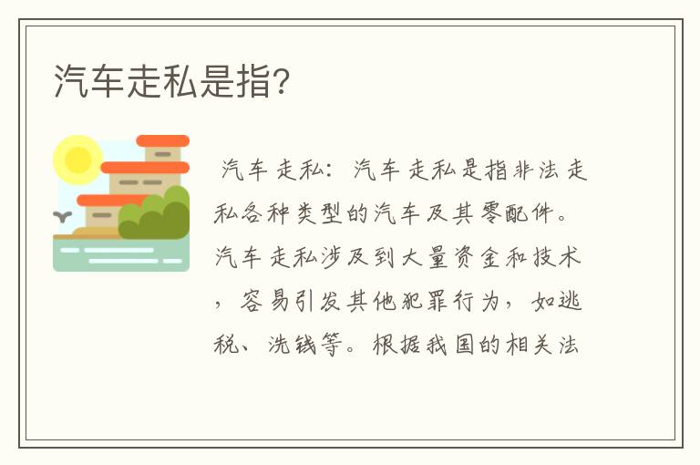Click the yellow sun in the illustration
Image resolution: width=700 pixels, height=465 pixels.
[x=77, y=160]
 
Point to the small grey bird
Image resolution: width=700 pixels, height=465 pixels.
[x=63, y=217]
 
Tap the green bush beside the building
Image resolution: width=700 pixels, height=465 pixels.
[x=157, y=215]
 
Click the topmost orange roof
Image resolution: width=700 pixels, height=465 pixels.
[x=162, y=141]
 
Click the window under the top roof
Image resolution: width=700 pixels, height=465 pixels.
[x=163, y=155]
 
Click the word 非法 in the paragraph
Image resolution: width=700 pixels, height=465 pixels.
[x=533, y=170]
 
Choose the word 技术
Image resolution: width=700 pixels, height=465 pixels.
[x=557, y=258]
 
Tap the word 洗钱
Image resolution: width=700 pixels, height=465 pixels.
[x=291, y=346]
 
